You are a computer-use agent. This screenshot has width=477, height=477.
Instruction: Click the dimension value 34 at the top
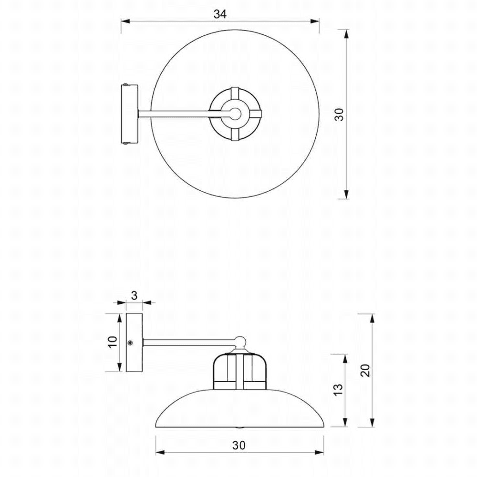click(219, 14)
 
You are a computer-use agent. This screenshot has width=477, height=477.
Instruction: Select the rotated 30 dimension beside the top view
click(339, 114)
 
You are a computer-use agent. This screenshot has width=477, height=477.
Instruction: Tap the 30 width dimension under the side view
click(239, 446)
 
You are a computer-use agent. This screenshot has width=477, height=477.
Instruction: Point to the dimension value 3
click(135, 295)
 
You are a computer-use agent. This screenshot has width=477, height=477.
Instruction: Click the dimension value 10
click(112, 342)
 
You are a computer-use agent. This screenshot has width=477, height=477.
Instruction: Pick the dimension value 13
click(338, 390)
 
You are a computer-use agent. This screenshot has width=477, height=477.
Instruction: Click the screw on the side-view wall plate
click(130, 343)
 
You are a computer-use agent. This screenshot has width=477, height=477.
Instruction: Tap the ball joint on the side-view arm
click(240, 341)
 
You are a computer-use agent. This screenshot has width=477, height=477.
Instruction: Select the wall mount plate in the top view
click(130, 114)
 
